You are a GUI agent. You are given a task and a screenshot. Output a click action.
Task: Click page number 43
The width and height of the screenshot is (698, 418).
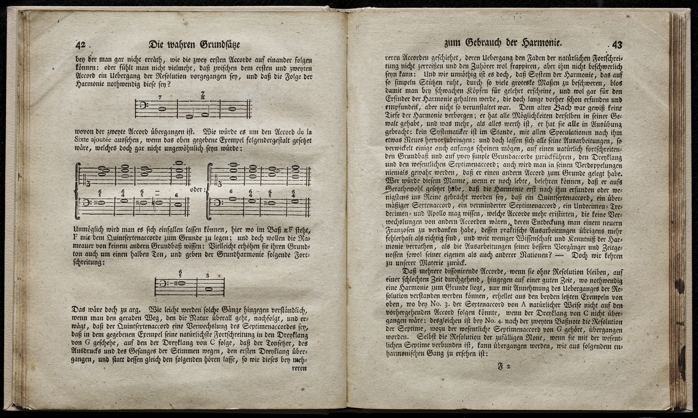click(x=617, y=45)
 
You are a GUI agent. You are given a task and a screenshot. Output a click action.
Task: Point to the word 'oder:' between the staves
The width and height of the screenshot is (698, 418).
click(x=198, y=189)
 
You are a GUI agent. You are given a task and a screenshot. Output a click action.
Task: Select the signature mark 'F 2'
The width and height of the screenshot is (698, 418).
click(x=504, y=367)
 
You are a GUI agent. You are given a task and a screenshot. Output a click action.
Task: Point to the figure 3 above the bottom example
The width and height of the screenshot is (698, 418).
click(x=208, y=276)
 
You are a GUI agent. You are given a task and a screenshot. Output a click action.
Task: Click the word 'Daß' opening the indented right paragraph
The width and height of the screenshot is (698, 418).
click(x=410, y=272)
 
